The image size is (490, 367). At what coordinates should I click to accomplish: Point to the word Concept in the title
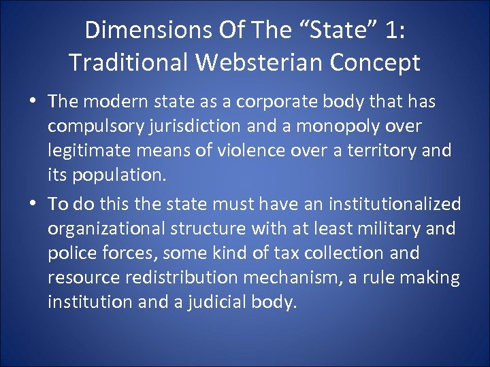pos(376,63)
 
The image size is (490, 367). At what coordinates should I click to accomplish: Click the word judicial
pos(221,302)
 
